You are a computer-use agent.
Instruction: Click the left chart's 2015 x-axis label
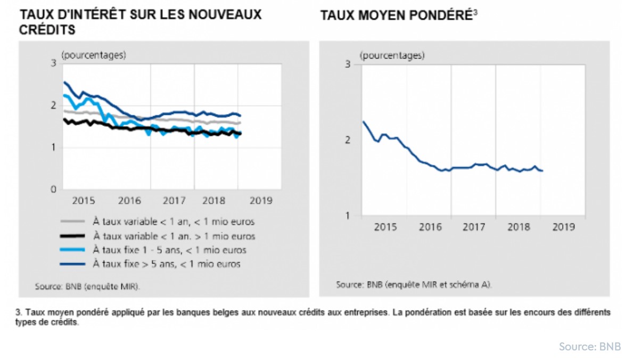[84, 201]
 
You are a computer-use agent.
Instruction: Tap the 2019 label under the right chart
[564, 227]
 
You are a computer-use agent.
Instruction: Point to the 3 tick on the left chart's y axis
[53, 63]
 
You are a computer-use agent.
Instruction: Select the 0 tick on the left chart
[53, 189]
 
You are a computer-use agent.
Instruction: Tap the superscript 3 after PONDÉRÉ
[475, 12]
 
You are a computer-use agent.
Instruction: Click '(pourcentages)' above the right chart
[392, 55]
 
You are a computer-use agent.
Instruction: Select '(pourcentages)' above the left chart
[94, 54]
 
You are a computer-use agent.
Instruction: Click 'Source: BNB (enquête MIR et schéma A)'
[414, 285]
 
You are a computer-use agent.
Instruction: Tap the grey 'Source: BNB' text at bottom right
[589, 347]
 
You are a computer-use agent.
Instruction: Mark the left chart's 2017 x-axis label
[174, 201]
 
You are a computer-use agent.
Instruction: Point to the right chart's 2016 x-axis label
[430, 227]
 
